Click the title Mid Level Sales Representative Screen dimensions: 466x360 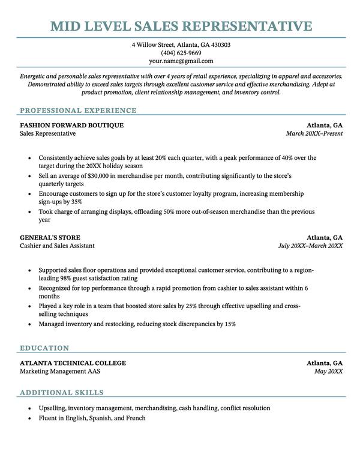point(181,26)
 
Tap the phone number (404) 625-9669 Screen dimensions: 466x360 point(181,53)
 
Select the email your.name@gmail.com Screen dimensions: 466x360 point(181,61)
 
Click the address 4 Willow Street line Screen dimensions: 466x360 point(181,45)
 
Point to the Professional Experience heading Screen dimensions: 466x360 point(78,110)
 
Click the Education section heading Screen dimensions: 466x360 point(44,348)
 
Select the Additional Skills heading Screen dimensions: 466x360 point(61,393)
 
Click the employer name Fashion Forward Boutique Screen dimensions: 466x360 point(71,126)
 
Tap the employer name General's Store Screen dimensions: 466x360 point(50,237)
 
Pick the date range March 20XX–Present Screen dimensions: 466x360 point(314,133)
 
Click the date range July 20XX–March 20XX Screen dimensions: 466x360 point(310,246)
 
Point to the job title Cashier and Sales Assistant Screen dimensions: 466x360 point(57,246)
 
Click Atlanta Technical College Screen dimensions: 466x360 point(73,363)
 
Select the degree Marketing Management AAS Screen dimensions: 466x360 point(60,371)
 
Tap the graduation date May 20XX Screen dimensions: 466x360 point(328,371)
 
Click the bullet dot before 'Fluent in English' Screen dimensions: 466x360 point(29,418)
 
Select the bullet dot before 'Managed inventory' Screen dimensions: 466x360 point(29,324)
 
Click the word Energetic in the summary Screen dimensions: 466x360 point(34,77)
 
